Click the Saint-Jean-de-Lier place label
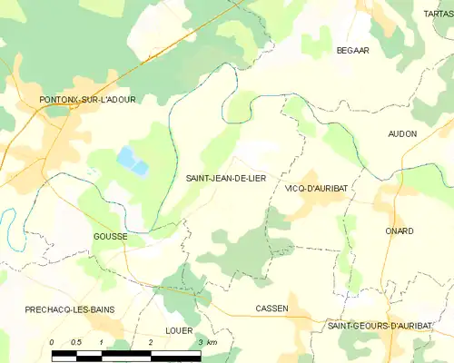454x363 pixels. click(x=226, y=179)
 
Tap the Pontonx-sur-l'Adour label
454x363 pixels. click(x=87, y=99)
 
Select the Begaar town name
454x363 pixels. click(x=352, y=51)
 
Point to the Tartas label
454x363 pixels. click(x=437, y=15)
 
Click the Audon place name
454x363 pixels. click(x=402, y=133)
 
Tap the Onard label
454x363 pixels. click(x=399, y=231)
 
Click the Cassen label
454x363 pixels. click(x=272, y=309)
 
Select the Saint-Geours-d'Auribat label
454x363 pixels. click(x=386, y=325)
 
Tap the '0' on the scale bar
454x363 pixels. click(x=53, y=341)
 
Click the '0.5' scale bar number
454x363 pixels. click(x=75, y=341)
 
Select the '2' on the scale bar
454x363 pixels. click(x=150, y=341)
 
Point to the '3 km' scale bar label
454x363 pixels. click(x=206, y=341)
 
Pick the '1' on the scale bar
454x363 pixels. click(x=101, y=341)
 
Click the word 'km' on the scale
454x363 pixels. click(x=212, y=341)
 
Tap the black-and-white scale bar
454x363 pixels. click(x=126, y=352)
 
